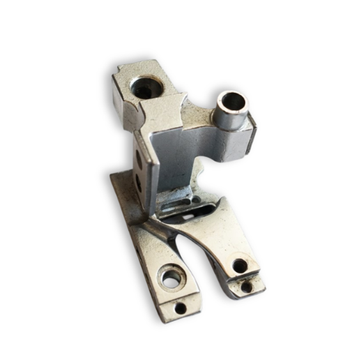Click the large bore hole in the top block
(147, 87)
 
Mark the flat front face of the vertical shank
(171, 157)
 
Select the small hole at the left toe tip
(180, 307)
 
